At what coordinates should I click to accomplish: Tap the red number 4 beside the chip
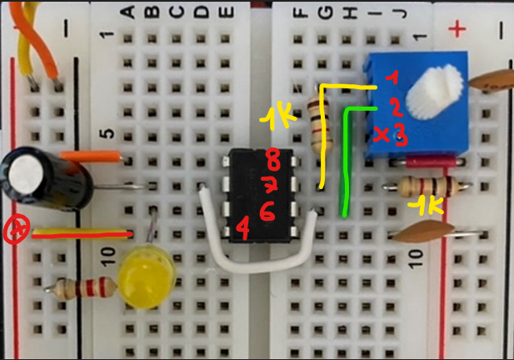(x=242, y=226)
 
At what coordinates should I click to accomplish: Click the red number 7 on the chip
(x=270, y=184)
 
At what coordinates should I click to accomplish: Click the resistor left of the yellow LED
(x=83, y=289)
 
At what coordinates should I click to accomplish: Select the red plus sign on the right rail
(x=457, y=31)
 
